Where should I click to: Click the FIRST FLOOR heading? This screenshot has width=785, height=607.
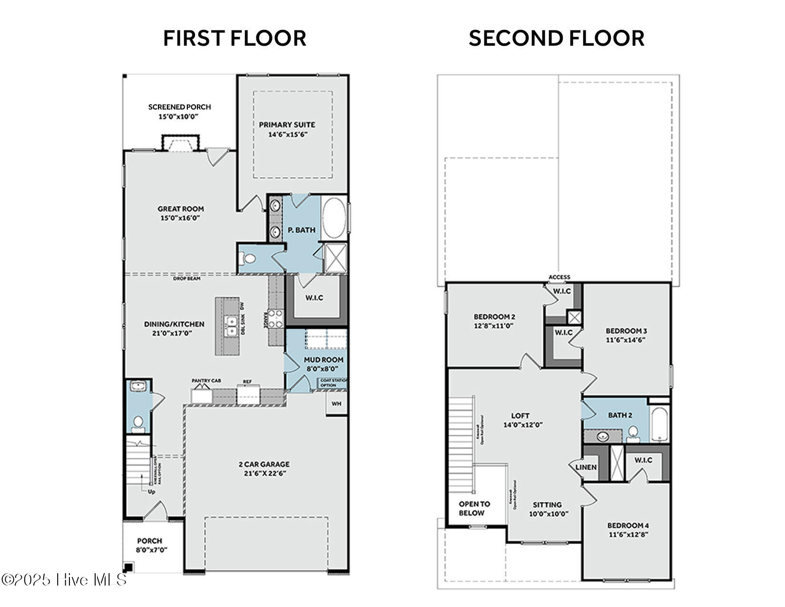(235, 39)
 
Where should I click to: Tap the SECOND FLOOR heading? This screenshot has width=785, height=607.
(556, 39)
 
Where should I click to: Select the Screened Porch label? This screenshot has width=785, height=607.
(179, 107)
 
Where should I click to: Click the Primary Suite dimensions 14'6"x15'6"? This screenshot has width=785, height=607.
(288, 135)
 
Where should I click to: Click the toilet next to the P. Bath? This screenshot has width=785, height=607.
(248, 259)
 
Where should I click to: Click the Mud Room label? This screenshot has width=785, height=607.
(324, 360)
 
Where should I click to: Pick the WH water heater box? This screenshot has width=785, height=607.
(336, 404)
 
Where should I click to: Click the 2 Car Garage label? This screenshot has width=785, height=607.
(264, 464)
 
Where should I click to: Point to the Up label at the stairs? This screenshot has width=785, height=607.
(151, 492)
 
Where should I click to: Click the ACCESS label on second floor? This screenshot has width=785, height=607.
(559, 277)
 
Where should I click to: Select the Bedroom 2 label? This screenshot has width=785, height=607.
(494, 317)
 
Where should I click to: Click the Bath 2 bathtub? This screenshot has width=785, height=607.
(660, 424)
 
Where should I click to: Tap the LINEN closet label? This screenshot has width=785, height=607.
(586, 467)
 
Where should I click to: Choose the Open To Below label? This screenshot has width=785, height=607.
(474, 508)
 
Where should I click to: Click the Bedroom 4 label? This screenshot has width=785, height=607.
(628, 526)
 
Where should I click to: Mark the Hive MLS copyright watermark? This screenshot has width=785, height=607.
(64, 580)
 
